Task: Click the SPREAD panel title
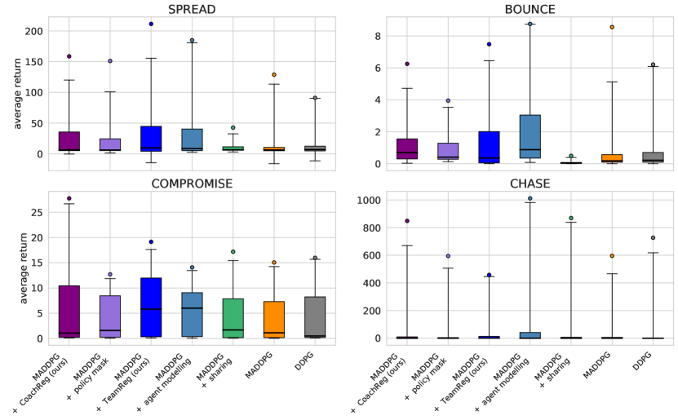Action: pyautogui.click(x=192, y=9)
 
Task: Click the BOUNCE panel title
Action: pyautogui.click(x=530, y=9)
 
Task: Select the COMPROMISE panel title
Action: pyautogui.click(x=192, y=183)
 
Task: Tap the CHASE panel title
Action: pyautogui.click(x=530, y=183)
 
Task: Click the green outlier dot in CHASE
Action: pyautogui.click(x=570, y=218)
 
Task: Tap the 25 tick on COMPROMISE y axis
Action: pyautogui.click(x=38, y=212)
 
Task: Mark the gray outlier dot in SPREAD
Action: pyautogui.click(x=315, y=98)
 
